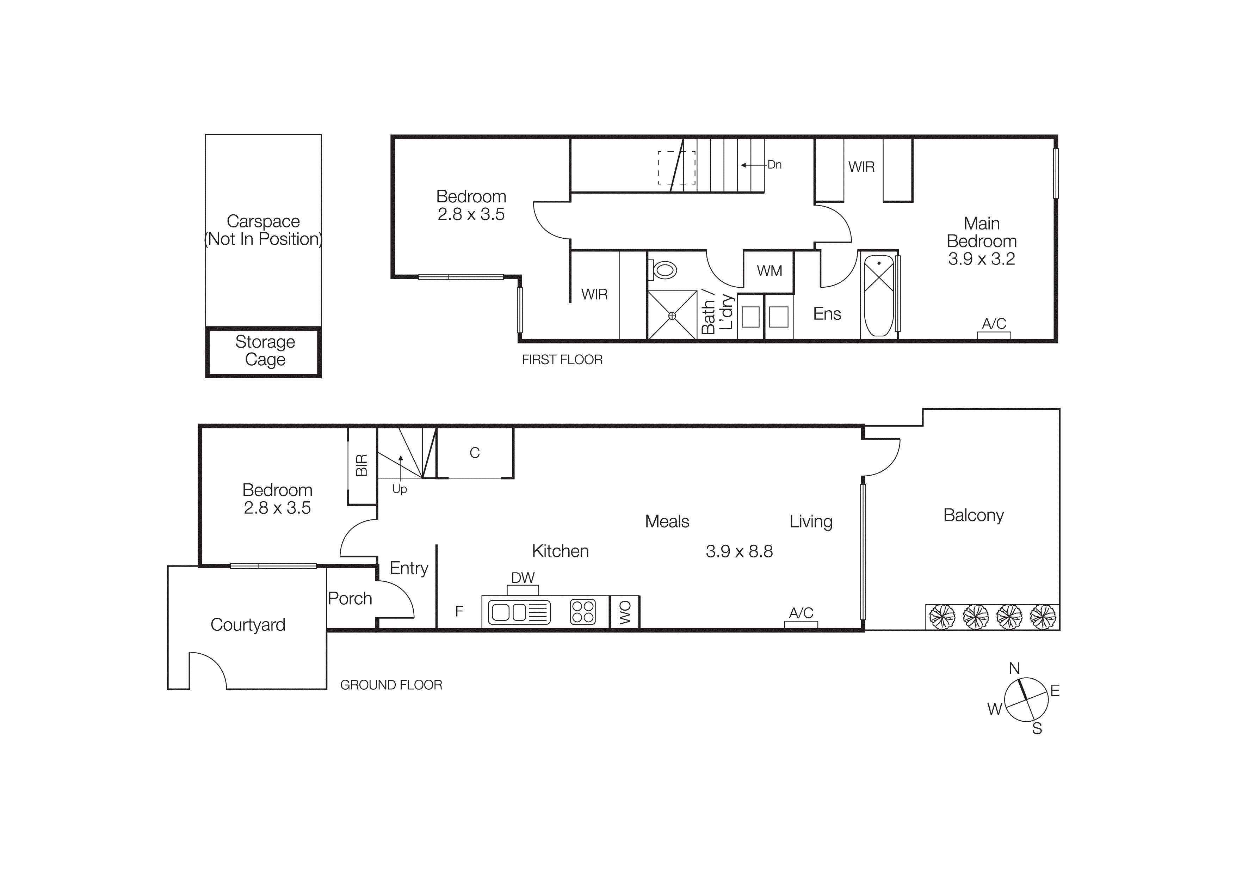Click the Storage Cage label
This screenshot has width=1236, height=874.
[x=265, y=350]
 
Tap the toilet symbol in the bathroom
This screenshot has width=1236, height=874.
[x=664, y=269]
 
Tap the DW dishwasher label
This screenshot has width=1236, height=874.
[x=523, y=578]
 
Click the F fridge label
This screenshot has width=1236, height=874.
[x=459, y=611]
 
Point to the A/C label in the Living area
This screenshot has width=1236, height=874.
[x=801, y=613]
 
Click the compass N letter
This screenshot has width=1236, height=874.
[x=1014, y=668]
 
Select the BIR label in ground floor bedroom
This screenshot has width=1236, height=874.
[x=362, y=465]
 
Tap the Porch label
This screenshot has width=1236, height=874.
[x=350, y=598]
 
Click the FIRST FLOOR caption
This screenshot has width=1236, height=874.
[x=562, y=360]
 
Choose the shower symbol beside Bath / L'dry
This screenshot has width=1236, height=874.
[x=672, y=316]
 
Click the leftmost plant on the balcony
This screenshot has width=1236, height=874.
[x=942, y=617]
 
